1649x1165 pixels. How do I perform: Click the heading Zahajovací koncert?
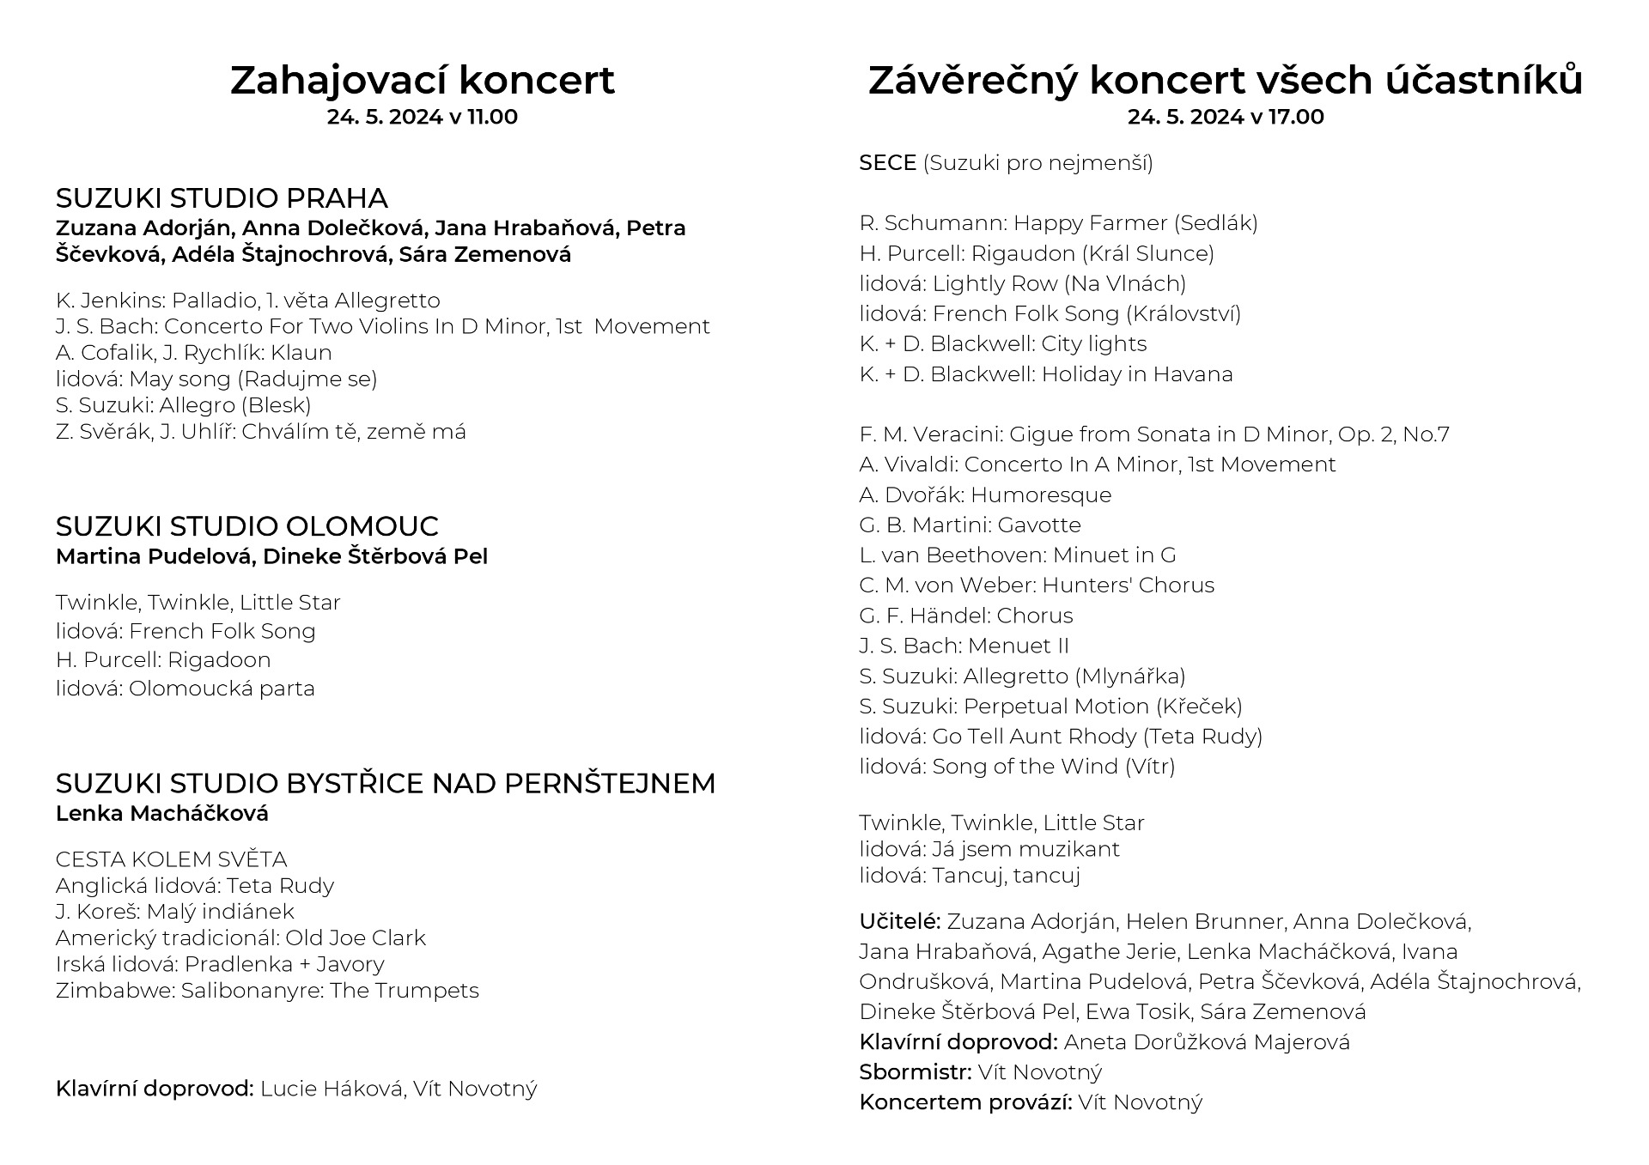pyautogui.click(x=422, y=80)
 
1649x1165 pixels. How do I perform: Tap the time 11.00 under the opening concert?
pyautogui.click(x=492, y=117)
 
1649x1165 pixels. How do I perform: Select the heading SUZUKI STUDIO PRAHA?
pyautogui.click(x=222, y=198)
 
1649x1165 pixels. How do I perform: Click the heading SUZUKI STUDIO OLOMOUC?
pyautogui.click(x=246, y=526)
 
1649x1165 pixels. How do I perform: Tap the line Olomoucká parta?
pyautogui.click(x=222, y=689)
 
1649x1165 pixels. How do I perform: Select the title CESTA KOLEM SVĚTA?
pyautogui.click(x=171, y=859)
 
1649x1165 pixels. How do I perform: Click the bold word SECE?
pyautogui.click(x=887, y=163)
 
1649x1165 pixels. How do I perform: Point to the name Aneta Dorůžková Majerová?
pyautogui.click(x=1207, y=1042)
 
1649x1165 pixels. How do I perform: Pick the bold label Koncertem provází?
pyautogui.click(x=965, y=1102)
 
